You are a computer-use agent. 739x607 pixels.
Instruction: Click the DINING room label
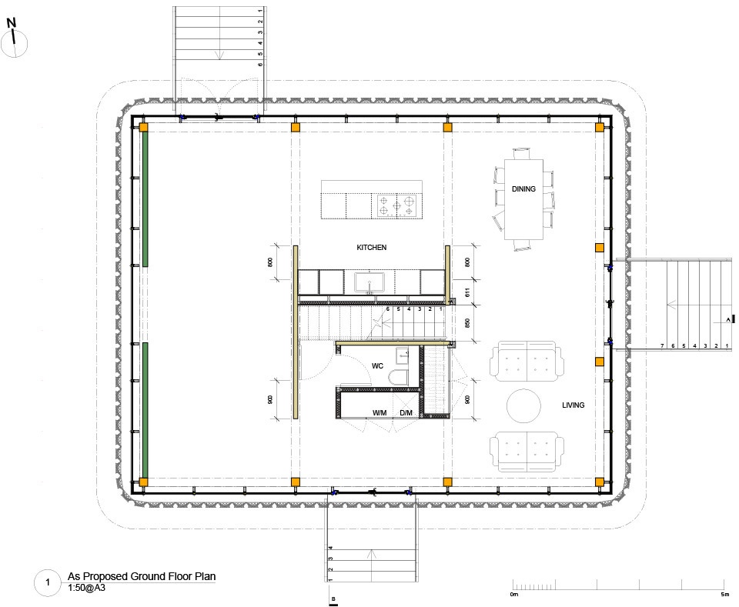[x=523, y=188]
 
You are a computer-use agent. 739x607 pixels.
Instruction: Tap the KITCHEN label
[x=371, y=247]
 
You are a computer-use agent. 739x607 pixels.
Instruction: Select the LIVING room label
[x=573, y=405]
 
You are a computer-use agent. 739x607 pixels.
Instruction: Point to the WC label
[x=377, y=366]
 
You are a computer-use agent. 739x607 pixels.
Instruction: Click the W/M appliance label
[x=380, y=413]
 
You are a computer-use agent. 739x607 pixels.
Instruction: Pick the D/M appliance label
[x=406, y=413]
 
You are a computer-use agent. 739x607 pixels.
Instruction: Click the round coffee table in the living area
[x=523, y=405]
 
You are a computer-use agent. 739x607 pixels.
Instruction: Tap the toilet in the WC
[x=399, y=377]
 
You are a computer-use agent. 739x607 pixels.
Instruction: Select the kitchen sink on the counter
[x=369, y=282]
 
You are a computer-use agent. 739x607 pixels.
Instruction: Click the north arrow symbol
[x=14, y=38]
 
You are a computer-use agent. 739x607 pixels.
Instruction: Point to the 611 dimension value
[x=467, y=292]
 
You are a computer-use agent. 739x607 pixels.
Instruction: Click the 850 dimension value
[x=467, y=323]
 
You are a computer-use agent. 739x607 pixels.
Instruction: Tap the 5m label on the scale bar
[x=725, y=594]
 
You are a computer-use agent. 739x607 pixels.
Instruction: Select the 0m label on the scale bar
[x=513, y=594]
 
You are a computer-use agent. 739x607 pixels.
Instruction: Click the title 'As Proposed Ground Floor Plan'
[x=142, y=576]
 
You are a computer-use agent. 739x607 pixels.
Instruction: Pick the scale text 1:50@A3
[x=86, y=588]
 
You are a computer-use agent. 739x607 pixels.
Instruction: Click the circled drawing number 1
[x=48, y=582]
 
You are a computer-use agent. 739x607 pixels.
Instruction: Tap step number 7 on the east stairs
[x=662, y=345]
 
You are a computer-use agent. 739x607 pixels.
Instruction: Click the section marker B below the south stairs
[x=333, y=600]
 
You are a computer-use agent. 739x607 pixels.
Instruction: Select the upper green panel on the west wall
[x=145, y=198]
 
